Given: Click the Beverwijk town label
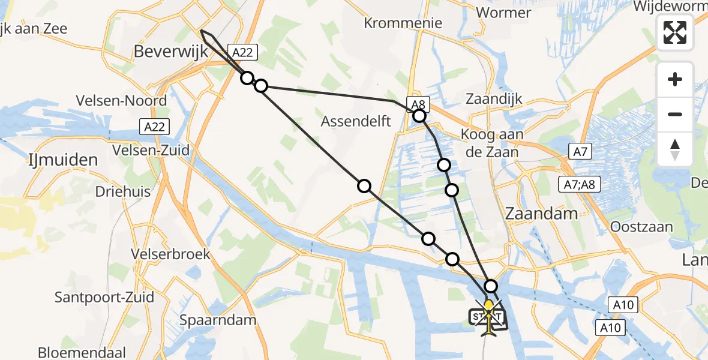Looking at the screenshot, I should tap(171, 52).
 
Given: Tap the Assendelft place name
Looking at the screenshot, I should tap(356, 121).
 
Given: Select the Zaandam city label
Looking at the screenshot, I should tap(542, 213).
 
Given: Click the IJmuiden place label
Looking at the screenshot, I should tap(62, 160).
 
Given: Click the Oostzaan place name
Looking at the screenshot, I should tap(641, 227).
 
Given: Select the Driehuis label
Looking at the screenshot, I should tap(123, 192).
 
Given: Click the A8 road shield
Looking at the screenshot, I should tap(416, 103).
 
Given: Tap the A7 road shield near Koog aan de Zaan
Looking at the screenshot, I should tap(580, 152).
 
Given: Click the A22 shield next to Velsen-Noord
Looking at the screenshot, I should tap(155, 127).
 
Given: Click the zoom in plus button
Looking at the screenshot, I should tap(675, 79).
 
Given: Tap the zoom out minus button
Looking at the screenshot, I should tap(675, 114).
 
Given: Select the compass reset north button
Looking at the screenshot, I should tap(675, 149).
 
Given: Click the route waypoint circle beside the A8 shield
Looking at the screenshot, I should tap(419, 116).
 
